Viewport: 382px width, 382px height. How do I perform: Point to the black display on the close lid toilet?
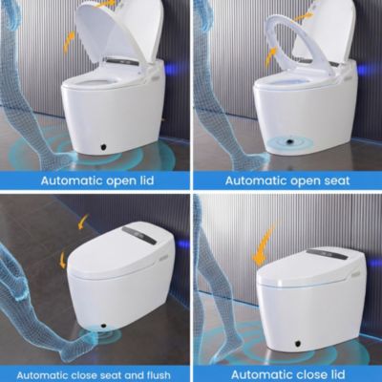(x=329, y=255)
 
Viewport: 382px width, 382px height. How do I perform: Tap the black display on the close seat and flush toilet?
(x=139, y=234)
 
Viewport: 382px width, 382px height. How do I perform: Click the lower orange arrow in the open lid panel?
(x=69, y=40)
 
